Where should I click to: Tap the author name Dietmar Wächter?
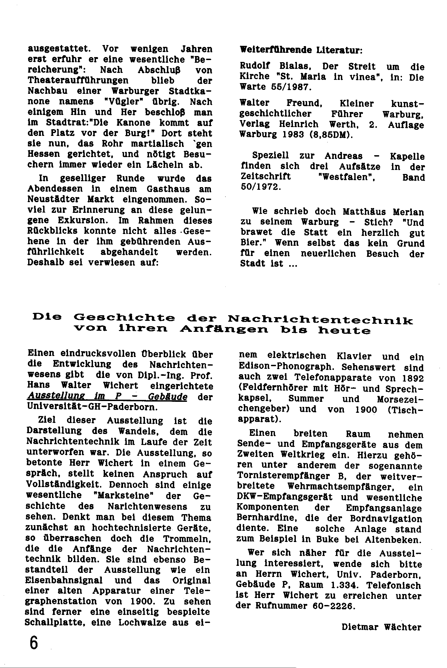(381, 627)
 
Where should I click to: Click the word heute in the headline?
(344, 331)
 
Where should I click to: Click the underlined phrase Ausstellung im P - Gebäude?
(107, 397)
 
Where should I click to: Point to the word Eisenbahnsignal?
(64, 580)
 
